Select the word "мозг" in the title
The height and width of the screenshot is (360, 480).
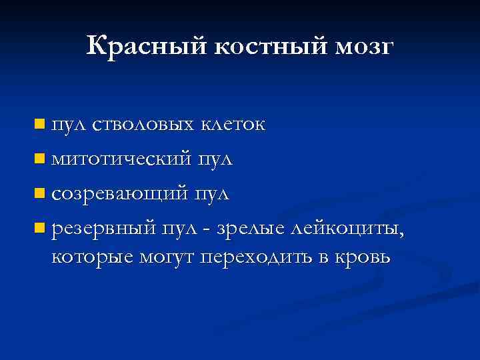pos(363,48)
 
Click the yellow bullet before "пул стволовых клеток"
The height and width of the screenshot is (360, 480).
pos(40,123)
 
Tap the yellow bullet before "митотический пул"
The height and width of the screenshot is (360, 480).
pos(40,159)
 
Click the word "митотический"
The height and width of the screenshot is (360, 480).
pos(122,160)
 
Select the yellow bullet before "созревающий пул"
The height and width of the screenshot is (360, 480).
pos(40,194)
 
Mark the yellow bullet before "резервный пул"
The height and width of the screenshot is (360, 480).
pos(40,229)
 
